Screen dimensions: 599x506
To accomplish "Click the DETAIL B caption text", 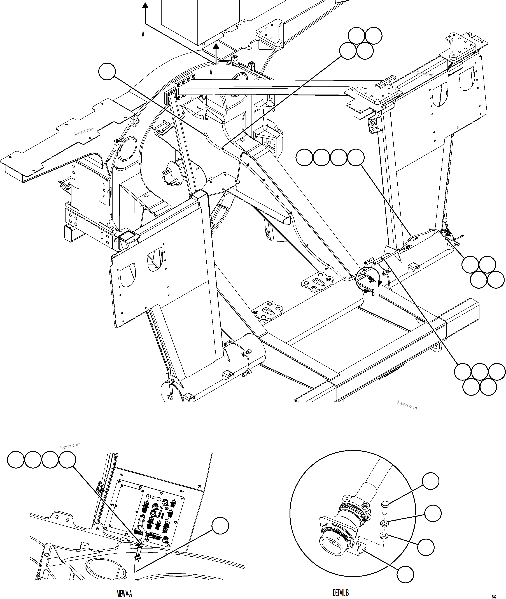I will (341, 592).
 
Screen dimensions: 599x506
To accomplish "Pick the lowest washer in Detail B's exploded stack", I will (384, 535).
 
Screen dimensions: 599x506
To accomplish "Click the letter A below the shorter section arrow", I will (211, 72).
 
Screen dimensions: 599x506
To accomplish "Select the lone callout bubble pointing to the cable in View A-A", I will (220, 526).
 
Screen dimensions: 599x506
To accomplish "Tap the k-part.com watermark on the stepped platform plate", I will (84, 131).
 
